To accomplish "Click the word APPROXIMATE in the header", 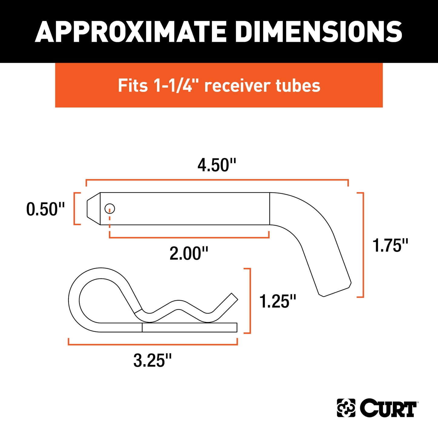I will click(130, 32).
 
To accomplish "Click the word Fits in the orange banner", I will click(133, 85).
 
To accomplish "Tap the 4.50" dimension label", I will click(216, 165).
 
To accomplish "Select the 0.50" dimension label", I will click(45, 209).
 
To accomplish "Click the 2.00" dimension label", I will click(189, 253).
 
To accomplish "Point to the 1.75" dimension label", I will click(390, 245).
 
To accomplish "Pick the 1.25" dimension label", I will click(278, 301).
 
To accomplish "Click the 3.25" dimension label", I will click(152, 360).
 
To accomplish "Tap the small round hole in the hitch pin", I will click(110, 209).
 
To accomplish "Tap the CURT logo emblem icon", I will click(346, 408).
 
